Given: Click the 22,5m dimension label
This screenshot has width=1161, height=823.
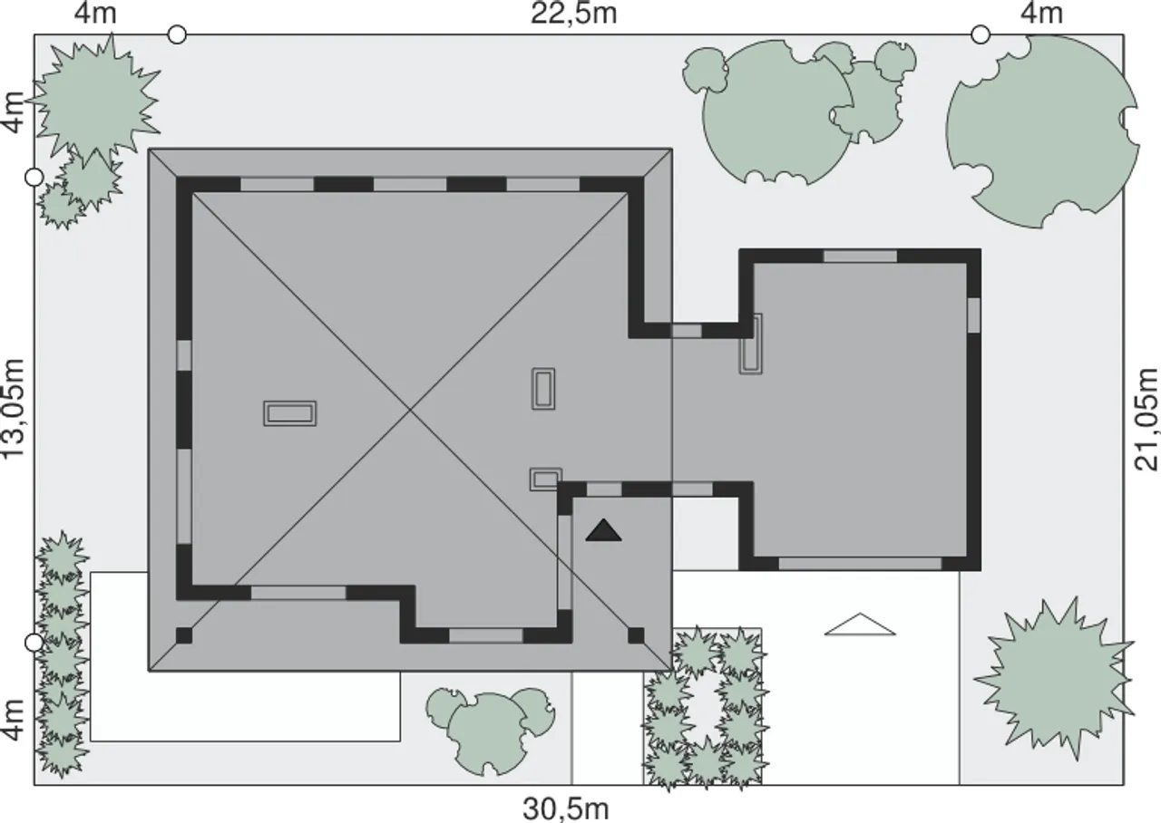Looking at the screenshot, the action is point(574,14).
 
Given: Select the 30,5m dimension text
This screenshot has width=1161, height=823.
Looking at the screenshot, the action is point(565,808).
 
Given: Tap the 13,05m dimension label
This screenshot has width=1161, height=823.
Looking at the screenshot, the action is point(14,408).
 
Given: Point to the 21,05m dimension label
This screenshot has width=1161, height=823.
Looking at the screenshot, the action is point(1146,419).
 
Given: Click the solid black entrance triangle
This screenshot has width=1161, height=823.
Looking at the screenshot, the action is point(603,532).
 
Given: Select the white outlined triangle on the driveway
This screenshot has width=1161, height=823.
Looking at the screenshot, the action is point(860,625).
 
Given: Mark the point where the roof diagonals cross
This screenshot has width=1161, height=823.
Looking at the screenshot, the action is point(411,410).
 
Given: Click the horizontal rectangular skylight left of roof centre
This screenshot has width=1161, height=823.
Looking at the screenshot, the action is point(289,413).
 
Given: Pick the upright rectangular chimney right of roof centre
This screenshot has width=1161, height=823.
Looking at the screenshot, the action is point(543,389).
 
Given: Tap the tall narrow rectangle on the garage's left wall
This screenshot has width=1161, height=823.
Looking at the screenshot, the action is point(750,344).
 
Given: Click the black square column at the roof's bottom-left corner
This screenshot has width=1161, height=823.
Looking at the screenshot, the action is point(184,635).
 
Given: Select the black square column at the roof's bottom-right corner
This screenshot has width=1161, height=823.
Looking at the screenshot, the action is point(636,635).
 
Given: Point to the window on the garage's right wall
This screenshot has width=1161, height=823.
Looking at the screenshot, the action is point(974,315).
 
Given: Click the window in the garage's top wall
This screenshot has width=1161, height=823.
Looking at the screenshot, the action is point(861,256).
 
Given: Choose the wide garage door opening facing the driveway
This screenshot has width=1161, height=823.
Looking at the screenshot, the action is point(861,564).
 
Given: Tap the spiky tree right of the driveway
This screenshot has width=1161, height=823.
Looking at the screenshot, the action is point(1055,684).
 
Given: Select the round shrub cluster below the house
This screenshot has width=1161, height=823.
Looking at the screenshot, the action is point(490,731).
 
